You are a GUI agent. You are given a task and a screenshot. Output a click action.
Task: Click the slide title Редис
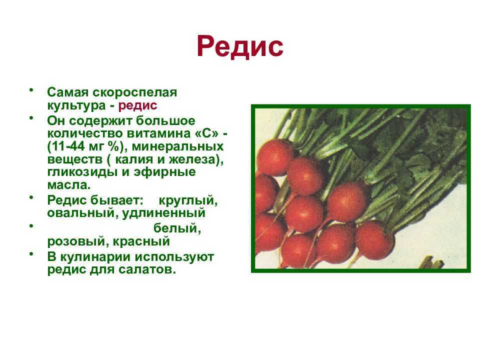240,47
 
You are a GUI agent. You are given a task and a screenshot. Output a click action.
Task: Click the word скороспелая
134,92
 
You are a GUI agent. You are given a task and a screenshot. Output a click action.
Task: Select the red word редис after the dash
138,106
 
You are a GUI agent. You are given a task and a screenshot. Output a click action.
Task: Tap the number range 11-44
66,146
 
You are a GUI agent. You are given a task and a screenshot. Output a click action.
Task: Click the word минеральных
178,146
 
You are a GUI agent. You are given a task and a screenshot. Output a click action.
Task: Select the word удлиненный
164,213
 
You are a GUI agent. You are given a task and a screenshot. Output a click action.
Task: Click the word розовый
76,241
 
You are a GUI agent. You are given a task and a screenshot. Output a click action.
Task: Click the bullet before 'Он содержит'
31,118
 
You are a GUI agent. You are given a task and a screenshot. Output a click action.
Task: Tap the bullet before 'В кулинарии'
31,254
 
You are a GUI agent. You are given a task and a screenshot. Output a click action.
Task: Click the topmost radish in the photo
275,157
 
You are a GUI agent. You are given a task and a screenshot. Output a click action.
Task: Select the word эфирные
164,172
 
